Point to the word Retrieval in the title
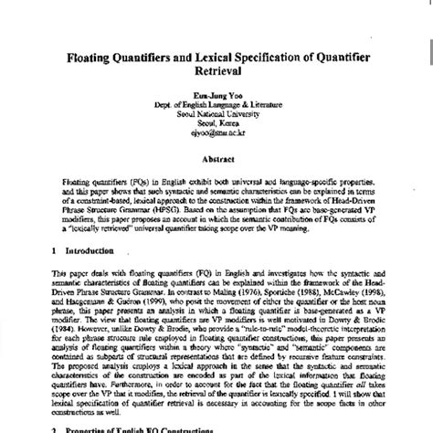coord(216,78)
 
